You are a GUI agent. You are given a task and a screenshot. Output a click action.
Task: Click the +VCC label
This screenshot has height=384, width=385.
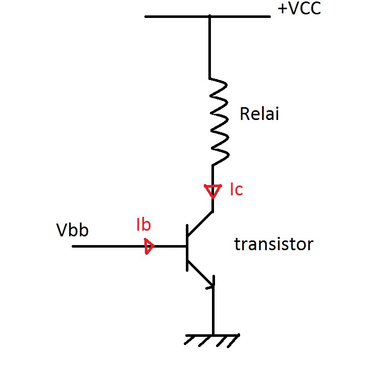point(299,9)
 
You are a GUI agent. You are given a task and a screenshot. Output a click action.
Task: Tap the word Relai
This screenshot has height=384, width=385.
point(260,113)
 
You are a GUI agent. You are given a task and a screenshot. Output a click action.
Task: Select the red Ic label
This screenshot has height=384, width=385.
point(236,190)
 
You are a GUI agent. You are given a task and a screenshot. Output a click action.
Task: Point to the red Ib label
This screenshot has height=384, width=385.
point(144,225)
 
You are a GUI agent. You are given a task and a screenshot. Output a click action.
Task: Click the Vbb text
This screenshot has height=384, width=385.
point(72,230)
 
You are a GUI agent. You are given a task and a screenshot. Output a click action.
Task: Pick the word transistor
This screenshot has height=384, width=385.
point(273,245)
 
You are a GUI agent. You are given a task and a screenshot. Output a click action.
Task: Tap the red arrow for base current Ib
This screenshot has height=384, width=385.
point(149,247)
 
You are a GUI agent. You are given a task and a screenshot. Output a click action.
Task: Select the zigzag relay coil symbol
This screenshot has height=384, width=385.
point(218,122)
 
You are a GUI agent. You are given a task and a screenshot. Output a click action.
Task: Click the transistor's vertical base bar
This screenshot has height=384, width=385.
point(187,247)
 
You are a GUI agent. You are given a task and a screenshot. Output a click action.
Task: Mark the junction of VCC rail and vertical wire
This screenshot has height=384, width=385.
point(210,17)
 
